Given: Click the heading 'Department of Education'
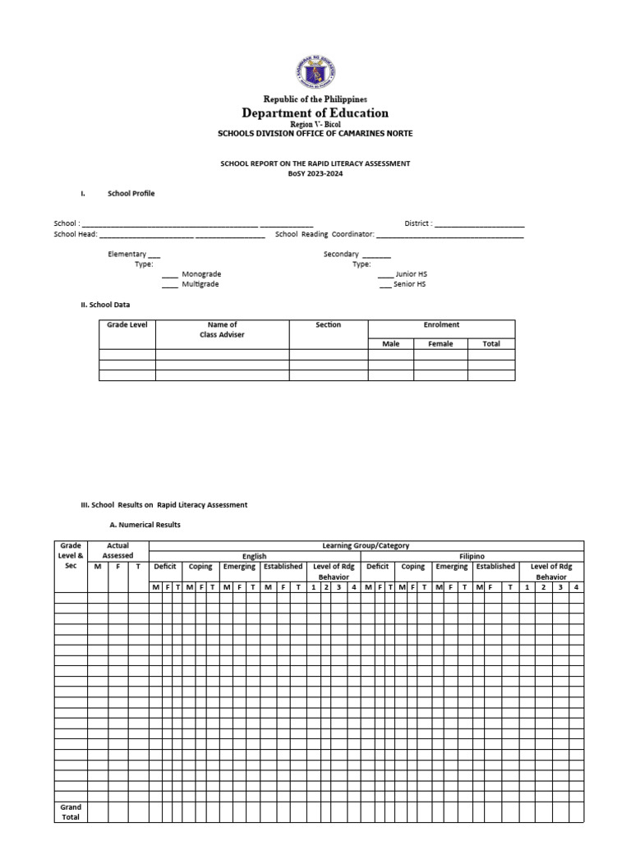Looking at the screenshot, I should tap(315, 113).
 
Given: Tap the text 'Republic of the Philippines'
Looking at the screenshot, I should tap(315, 99).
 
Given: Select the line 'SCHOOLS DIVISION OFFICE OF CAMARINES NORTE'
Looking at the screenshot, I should tap(315, 133).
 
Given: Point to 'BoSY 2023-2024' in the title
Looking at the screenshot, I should tap(315, 174).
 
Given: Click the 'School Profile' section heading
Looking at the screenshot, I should tap(131, 194).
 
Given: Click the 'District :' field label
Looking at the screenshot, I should tap(417, 223).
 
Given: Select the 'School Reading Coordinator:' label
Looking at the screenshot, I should tap(325, 234).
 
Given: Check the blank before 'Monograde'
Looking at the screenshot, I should tap(169, 274).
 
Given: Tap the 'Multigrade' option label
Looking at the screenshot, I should tap(200, 284).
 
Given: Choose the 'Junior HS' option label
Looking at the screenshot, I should tap(411, 274).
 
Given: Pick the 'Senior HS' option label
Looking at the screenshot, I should tap(411, 284).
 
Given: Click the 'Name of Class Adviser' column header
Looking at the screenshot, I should tap(222, 330).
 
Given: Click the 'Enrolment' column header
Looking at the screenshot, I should tap(441, 325).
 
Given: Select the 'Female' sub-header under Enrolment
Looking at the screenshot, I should tap(440, 344).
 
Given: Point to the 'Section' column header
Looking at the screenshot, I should tap(328, 325).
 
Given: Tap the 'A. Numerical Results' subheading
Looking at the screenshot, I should tap(145, 525).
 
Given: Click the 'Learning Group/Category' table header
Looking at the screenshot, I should tap(366, 546).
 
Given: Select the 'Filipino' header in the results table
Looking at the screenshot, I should tap(472, 557).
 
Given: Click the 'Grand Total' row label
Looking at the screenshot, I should tap(71, 812).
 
